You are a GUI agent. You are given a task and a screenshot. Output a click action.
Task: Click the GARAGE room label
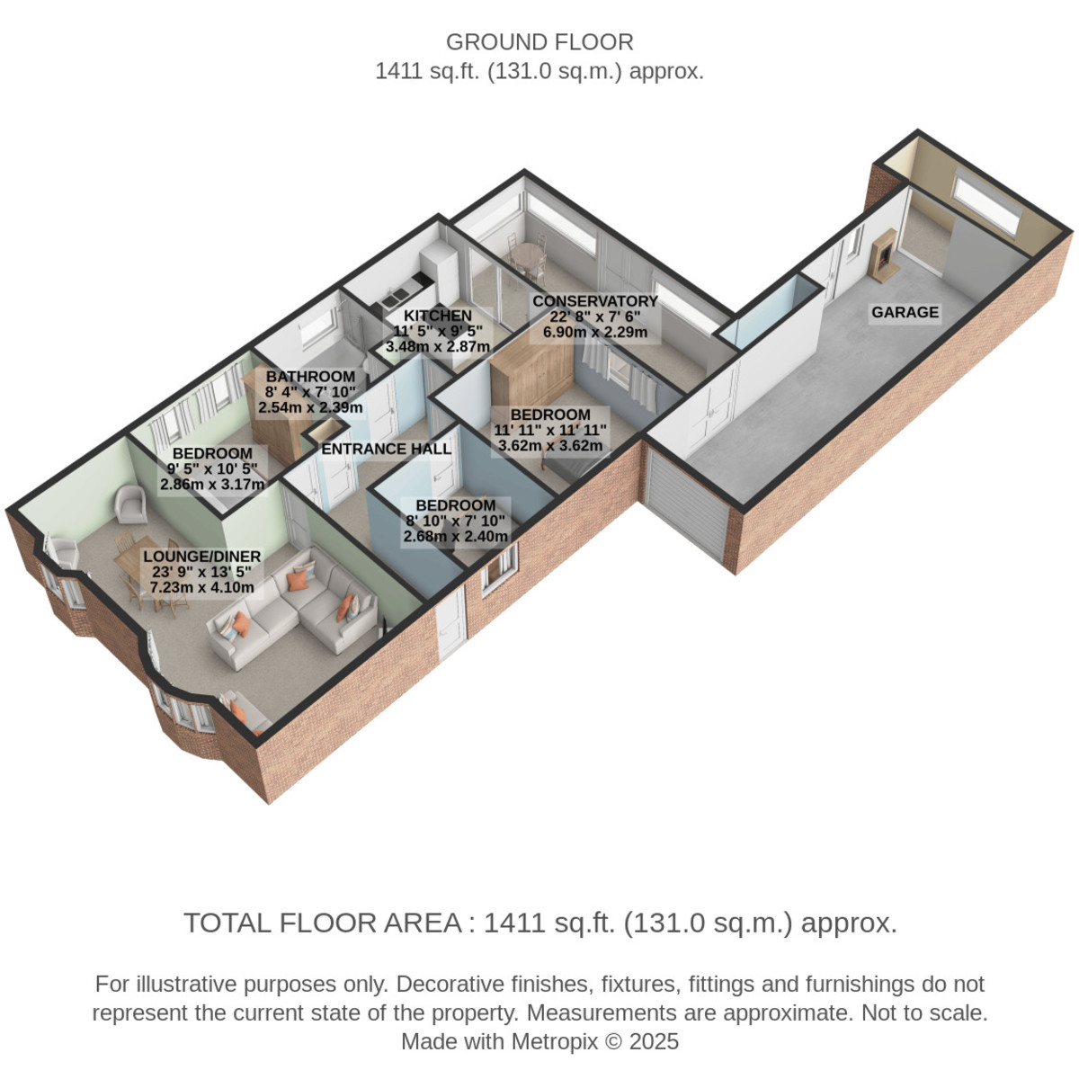click(905, 312)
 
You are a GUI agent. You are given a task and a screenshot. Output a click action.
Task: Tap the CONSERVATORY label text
click(594, 300)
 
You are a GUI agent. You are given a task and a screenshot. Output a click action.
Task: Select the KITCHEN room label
click(438, 316)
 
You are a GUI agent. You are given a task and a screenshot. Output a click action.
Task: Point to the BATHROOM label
click(310, 376)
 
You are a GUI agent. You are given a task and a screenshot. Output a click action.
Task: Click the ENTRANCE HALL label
click(387, 449)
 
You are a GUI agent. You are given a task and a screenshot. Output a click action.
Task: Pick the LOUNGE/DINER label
click(202, 556)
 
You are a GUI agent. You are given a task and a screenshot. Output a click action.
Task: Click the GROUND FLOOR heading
click(539, 42)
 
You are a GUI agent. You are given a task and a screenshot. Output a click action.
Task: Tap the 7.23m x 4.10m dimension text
click(202, 587)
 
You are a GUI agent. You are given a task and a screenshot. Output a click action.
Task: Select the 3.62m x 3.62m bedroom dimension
click(550, 446)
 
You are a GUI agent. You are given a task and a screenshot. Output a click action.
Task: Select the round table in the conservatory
click(528, 255)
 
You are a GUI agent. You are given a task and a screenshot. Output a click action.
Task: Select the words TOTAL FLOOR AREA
click(323, 923)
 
